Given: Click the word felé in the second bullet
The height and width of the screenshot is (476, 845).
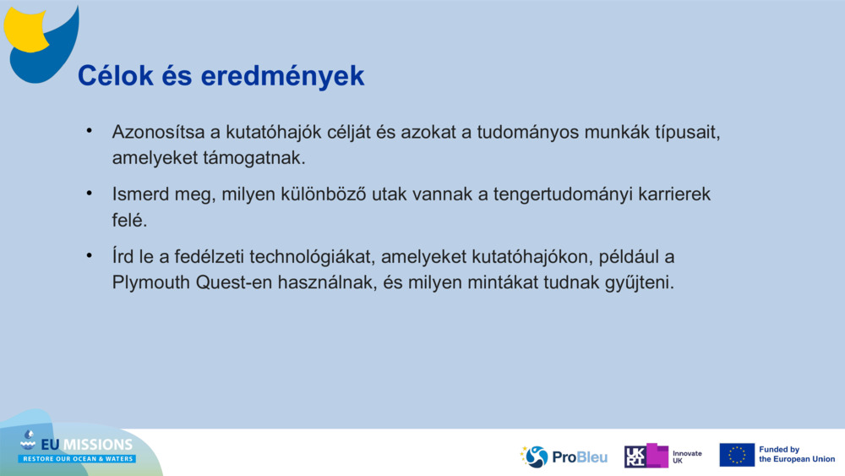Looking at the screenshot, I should (x=129, y=220).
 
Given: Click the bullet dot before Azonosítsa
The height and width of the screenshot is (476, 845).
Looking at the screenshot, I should (x=88, y=132).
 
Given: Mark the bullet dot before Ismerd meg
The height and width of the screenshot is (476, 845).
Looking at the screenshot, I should (x=88, y=194).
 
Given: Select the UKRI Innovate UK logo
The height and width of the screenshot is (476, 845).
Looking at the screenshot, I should (x=663, y=456).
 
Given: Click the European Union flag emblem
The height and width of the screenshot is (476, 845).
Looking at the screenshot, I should (x=737, y=455).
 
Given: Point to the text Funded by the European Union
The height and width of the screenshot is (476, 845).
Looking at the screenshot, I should (x=796, y=455).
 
